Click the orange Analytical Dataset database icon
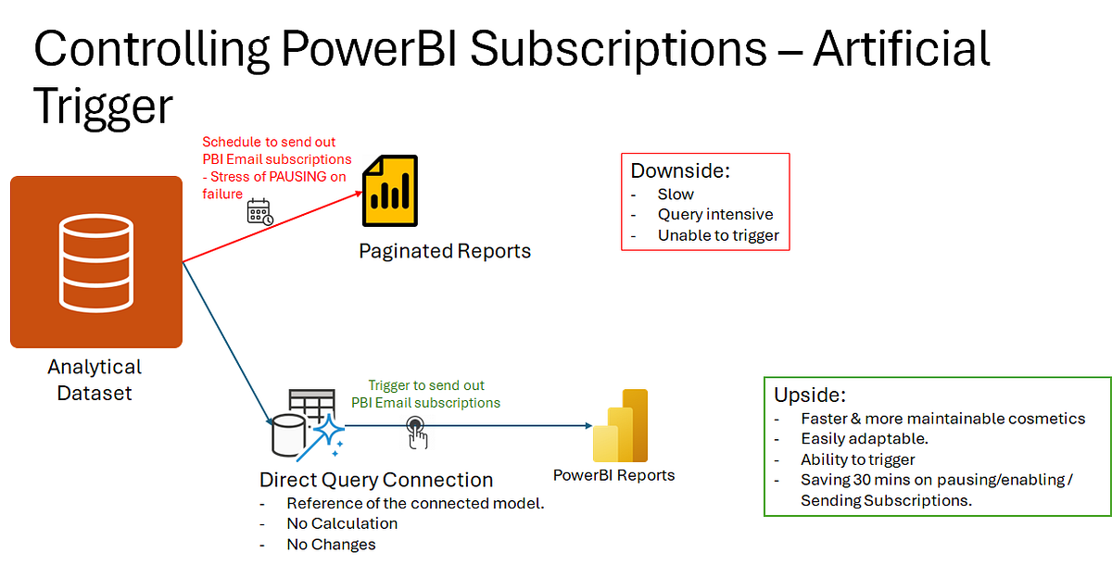(x=96, y=262)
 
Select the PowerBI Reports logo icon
(x=620, y=425)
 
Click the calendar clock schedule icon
(x=259, y=212)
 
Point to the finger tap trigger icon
(x=416, y=430)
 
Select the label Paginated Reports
(x=445, y=251)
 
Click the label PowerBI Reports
(x=613, y=475)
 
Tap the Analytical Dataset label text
(x=95, y=380)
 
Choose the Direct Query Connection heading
(x=376, y=480)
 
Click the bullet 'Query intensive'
(x=715, y=215)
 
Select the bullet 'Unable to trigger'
(x=719, y=235)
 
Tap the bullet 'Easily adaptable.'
(x=864, y=439)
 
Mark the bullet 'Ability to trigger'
(x=858, y=459)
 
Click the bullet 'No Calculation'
(x=342, y=523)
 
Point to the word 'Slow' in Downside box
(x=676, y=195)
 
